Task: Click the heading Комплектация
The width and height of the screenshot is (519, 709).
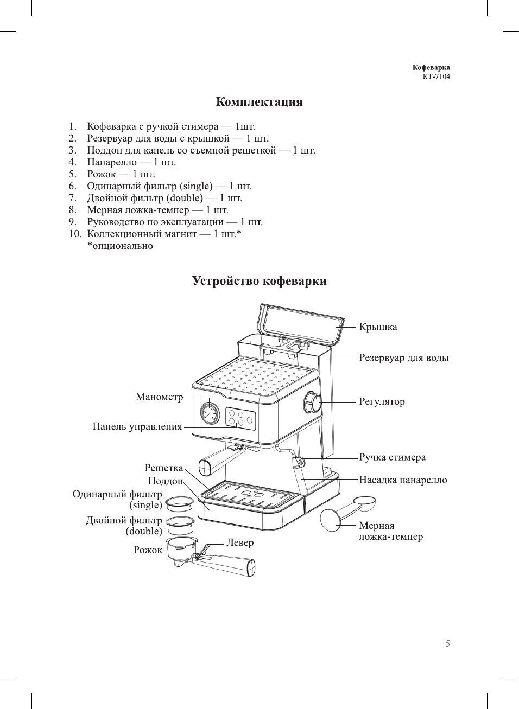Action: coord(259,102)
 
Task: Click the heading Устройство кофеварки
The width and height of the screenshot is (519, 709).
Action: coord(259,281)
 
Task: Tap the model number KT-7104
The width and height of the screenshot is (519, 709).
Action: coord(436,76)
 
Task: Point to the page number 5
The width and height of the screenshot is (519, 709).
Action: coord(447,644)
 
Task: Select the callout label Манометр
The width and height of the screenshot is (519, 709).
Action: coord(159,397)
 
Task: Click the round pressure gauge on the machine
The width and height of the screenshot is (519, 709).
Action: coord(209,413)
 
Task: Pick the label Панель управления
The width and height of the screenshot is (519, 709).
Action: coord(137,426)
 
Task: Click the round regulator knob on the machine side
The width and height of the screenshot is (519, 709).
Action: coord(313,403)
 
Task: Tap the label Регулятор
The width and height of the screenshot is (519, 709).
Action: coord(382,402)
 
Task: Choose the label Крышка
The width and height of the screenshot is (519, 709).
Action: coord(378,327)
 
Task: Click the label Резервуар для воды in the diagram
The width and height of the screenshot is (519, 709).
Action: coord(404,358)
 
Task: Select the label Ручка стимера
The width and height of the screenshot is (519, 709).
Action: coord(392,457)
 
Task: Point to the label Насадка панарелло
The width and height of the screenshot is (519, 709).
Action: coord(403,480)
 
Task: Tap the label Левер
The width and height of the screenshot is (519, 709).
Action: coord(240,542)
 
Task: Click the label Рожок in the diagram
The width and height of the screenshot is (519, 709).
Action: coord(148,550)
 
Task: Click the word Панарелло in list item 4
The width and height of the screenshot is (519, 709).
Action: coord(112,162)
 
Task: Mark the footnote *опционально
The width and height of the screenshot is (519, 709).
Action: coord(120,246)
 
